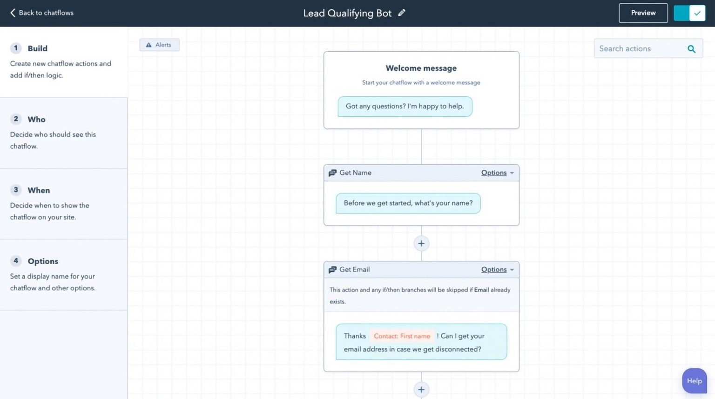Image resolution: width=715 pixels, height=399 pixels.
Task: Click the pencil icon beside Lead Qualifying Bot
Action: point(402,13)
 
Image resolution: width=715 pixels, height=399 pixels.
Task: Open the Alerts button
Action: point(159,45)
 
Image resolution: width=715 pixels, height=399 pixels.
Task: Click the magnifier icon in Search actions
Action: point(691,49)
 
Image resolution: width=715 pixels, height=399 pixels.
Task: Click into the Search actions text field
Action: point(638,49)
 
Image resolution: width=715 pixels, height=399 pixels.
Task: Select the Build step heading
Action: point(37,48)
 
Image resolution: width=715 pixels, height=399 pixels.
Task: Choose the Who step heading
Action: point(36,120)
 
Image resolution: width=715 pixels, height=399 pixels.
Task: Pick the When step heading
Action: point(39,191)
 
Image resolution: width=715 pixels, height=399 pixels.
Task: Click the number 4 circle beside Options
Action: point(16,261)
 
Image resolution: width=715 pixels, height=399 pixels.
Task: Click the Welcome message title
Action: point(421,68)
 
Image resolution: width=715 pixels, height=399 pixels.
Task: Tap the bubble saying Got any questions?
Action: point(405,106)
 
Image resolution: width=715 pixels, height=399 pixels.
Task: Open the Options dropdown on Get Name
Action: point(497,173)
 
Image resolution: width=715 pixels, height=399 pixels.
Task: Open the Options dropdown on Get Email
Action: point(497,270)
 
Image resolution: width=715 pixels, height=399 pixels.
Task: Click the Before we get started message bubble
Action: point(408,203)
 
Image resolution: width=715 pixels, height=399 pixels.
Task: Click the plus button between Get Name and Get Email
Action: point(421,243)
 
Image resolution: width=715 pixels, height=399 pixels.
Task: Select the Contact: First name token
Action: point(402,336)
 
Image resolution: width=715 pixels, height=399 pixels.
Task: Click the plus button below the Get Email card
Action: point(421,390)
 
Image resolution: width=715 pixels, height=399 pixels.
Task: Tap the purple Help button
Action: point(694,381)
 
